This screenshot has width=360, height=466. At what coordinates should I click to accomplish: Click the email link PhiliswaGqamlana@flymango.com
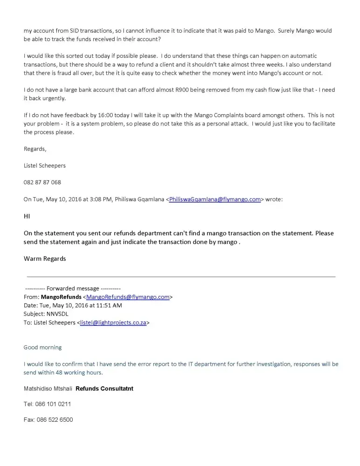pos(215,199)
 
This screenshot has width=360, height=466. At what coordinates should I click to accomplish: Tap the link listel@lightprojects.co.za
pos(114,322)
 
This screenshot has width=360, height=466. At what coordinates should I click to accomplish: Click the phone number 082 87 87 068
pos(42,182)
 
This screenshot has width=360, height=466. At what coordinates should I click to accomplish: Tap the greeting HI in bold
pos(27,216)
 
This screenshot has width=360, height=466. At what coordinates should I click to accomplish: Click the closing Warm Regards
pos(45,259)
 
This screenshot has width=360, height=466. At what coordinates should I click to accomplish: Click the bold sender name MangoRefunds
pos(61,296)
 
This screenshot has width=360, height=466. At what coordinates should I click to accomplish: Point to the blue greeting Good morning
pos(42,347)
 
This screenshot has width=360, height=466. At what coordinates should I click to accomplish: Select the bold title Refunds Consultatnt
pos(104,389)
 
